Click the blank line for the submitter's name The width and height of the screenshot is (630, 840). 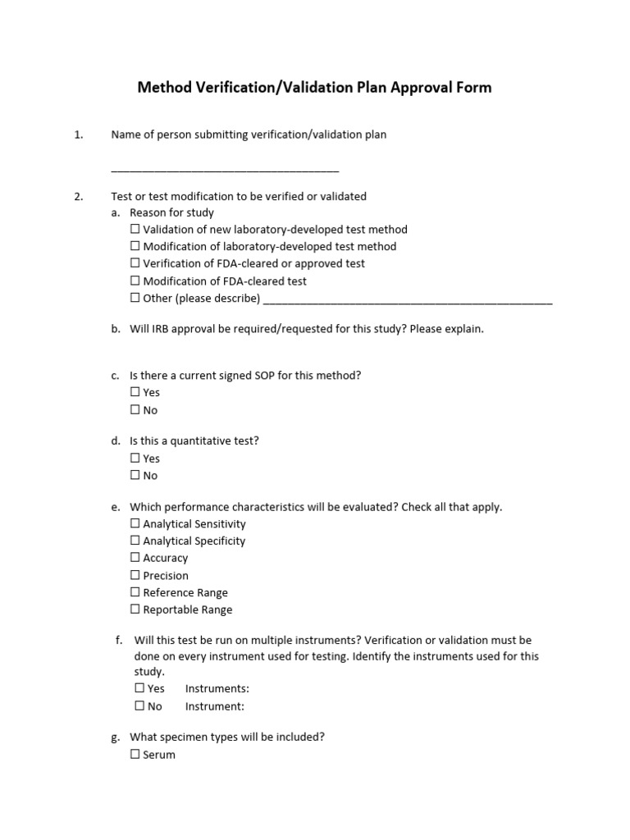(225, 170)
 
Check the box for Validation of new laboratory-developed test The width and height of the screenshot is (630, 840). (135, 230)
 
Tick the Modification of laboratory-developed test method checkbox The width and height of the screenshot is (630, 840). (135, 246)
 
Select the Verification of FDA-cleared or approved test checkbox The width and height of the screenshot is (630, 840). (135, 263)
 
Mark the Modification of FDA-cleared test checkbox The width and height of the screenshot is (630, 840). (135, 281)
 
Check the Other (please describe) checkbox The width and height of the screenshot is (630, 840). (135, 298)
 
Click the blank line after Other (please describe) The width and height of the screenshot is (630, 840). (409, 301)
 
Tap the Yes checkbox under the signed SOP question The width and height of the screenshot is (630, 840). (135, 392)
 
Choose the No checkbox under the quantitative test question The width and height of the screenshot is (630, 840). (135, 475)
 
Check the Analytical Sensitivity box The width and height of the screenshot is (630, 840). (135, 523)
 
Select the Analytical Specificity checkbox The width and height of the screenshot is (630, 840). (135, 541)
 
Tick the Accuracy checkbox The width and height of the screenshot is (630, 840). (135, 558)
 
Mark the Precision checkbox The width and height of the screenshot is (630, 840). (135, 575)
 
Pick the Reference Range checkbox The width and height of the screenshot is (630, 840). (135, 592)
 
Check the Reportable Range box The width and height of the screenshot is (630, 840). (135, 609)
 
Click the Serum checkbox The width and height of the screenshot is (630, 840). (135, 755)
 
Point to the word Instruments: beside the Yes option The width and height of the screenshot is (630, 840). (217, 689)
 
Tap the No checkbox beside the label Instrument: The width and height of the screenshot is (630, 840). (139, 706)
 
